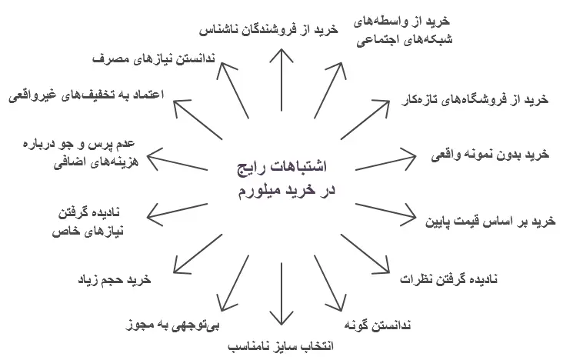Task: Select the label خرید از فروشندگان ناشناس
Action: point(270,29)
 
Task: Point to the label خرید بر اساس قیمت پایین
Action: point(490,220)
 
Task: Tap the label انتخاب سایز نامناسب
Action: point(282,345)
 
